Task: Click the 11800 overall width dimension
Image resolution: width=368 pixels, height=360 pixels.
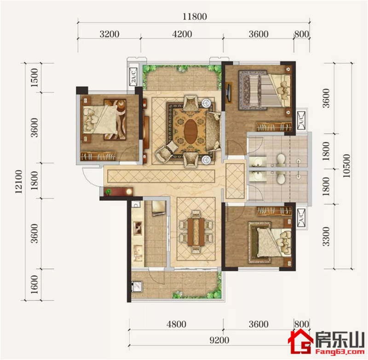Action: pyautogui.click(x=195, y=17)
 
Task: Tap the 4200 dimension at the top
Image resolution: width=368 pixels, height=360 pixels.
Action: pyautogui.click(x=182, y=34)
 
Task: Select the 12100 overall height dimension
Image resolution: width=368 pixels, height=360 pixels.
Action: pyautogui.click(x=18, y=182)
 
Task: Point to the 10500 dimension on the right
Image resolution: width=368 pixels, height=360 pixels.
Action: pyautogui.click(x=346, y=166)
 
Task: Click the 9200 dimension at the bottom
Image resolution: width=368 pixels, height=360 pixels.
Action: pyautogui.click(x=219, y=340)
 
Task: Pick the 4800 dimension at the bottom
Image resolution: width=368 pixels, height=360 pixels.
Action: pyautogui.click(x=177, y=324)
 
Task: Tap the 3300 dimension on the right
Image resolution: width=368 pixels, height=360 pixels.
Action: pyautogui.click(x=326, y=236)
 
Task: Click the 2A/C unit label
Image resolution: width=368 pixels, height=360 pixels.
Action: pyautogui.click(x=133, y=76)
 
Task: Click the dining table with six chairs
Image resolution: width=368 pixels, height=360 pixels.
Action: pyautogui.click(x=196, y=232)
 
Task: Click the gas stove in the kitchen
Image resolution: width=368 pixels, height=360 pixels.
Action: pyautogui.click(x=138, y=228)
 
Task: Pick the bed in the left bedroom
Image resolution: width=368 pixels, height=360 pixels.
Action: pyautogui.click(x=100, y=120)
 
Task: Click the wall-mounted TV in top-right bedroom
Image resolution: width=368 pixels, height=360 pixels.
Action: pyautogui.click(x=228, y=92)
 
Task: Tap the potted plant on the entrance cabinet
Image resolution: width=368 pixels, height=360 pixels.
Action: pyautogui.click(x=108, y=192)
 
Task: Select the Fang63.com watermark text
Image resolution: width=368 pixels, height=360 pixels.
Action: pyautogui.click(x=340, y=352)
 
